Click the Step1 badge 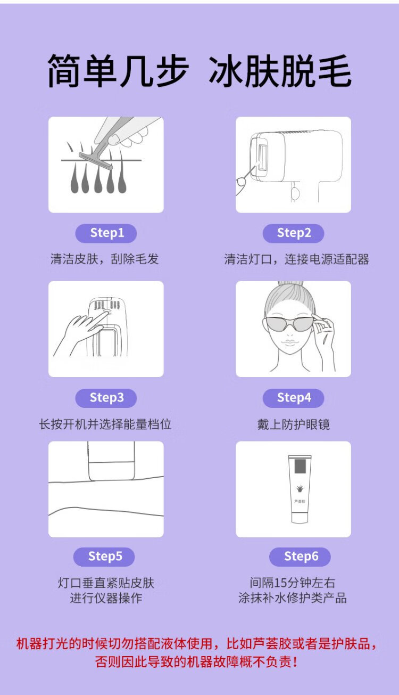106,233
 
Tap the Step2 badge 293,233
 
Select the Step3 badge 106,398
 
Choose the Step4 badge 293,398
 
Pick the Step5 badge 104,557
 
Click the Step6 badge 300,557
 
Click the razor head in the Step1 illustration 95,161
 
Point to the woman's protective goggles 288,324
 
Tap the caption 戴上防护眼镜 293,424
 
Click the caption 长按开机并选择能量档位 105,424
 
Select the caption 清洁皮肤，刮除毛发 104,259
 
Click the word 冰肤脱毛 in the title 280,71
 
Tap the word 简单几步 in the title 118,71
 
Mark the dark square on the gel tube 300,467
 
